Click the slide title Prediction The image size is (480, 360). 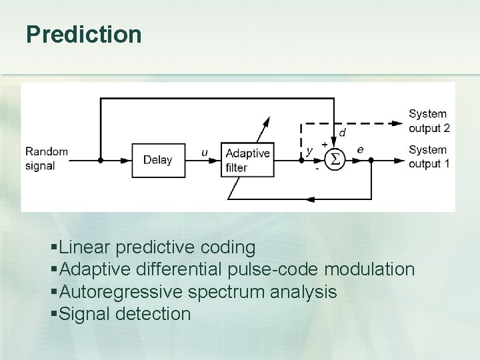coord(84,35)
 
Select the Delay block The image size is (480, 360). coord(157,160)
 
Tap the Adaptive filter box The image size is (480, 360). coord(247,160)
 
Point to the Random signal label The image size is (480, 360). coord(47,159)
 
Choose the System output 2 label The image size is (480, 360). coord(429,121)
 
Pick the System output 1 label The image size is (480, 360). coord(429,157)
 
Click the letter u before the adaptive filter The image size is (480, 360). coord(205,153)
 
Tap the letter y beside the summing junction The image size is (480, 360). coord(309,151)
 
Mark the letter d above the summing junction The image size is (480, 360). coord(342,133)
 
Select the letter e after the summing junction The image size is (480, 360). coord(360,150)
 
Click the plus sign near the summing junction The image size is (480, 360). coord(325,143)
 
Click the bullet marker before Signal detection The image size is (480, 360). coord(54,314)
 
